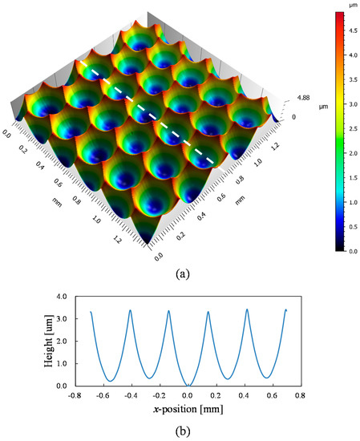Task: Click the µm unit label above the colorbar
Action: pyautogui.click(x=339, y=5)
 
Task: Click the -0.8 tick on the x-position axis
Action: pyautogui.click(x=71, y=394)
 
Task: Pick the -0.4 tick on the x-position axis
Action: pyautogui.click(x=130, y=394)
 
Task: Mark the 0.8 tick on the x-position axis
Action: pyautogui.click(x=305, y=394)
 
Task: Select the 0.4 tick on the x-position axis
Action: pyautogui.click(x=247, y=394)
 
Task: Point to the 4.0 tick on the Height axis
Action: pyautogui.click(x=62, y=297)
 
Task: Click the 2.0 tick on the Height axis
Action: pyautogui.click(x=62, y=342)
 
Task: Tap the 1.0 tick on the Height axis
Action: pyautogui.click(x=62, y=363)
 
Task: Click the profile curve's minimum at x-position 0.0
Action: pyautogui.click(x=188, y=385)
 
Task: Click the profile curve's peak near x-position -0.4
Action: pyautogui.click(x=131, y=310)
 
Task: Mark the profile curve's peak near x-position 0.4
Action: pyautogui.click(x=247, y=310)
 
